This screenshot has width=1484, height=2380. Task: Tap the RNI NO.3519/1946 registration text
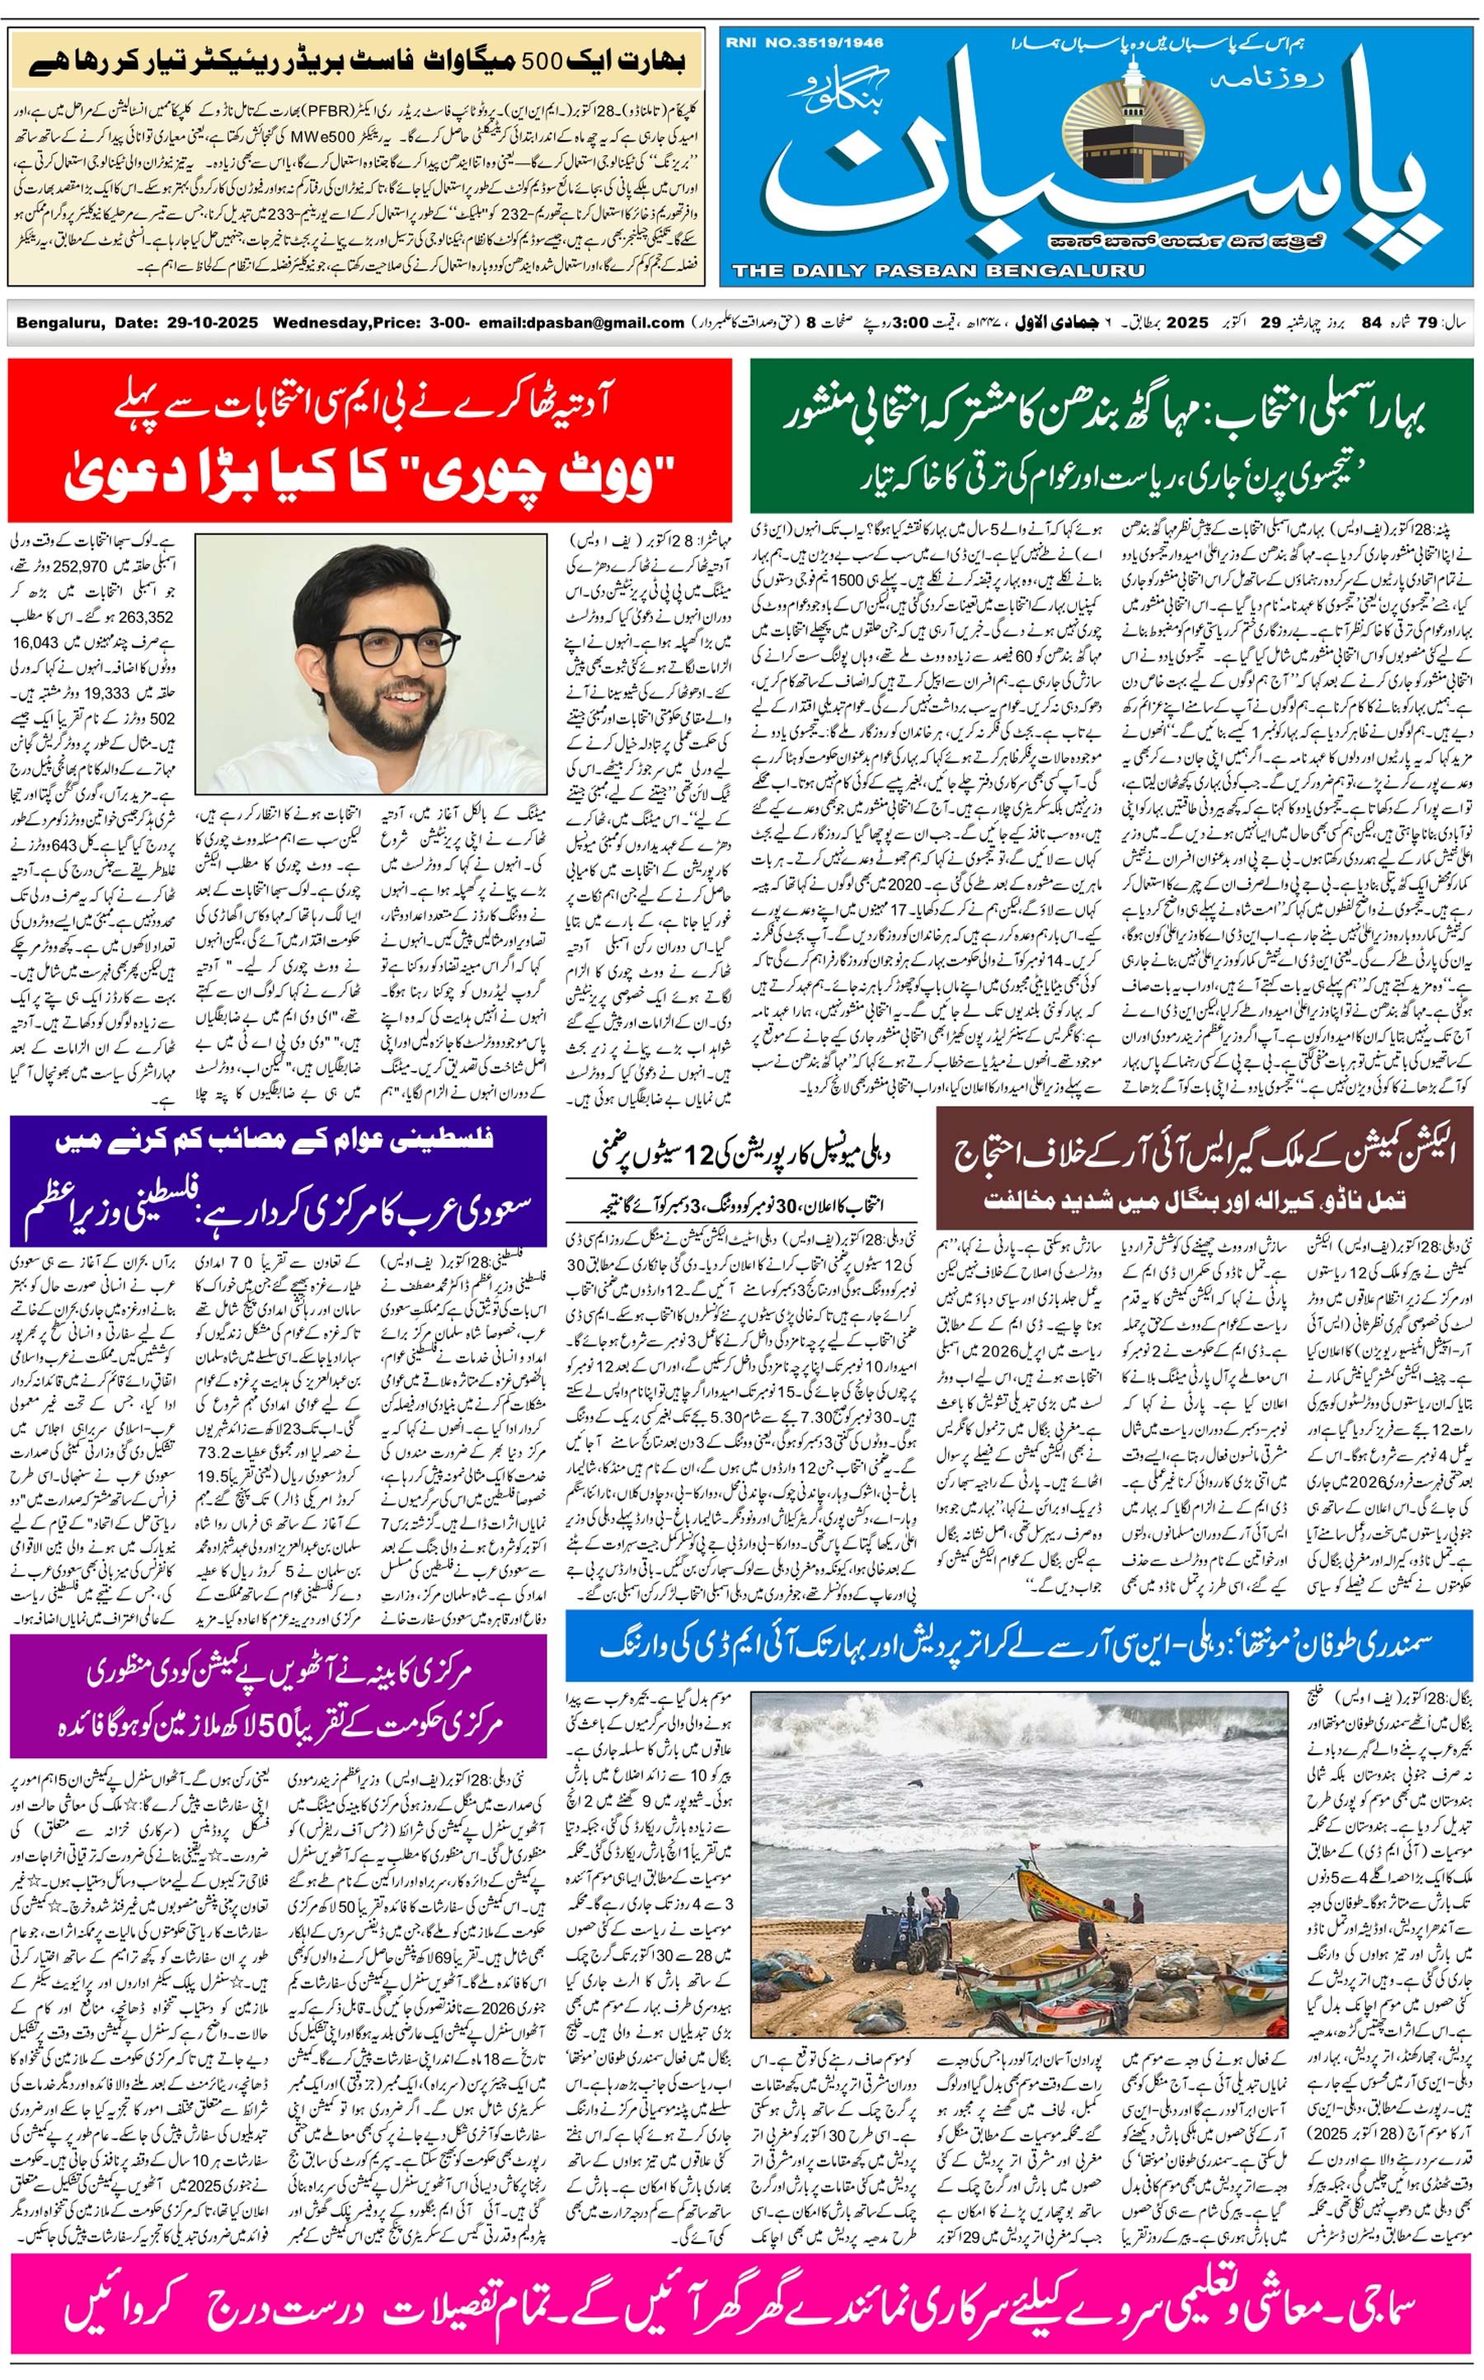click(x=805, y=43)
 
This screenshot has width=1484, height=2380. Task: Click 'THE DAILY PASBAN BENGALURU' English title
click(x=937, y=270)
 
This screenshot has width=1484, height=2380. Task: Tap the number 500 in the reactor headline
click(x=540, y=61)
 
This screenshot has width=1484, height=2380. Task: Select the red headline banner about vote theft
click(x=370, y=440)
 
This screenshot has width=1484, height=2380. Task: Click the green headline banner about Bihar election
click(x=1111, y=440)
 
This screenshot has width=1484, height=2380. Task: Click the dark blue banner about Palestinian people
click(x=278, y=1181)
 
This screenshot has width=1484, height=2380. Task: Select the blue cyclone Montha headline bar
click(x=1019, y=1646)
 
